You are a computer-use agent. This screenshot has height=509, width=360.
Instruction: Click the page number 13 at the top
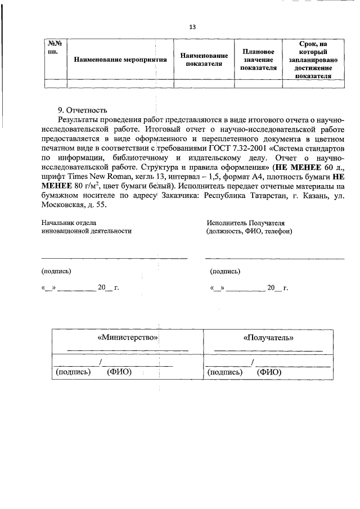(x=192, y=27)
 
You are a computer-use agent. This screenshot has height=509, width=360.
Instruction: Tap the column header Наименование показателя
(x=204, y=59)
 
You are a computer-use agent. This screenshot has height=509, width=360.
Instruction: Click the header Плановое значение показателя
(x=258, y=59)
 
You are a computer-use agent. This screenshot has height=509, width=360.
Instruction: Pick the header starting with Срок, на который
(x=313, y=59)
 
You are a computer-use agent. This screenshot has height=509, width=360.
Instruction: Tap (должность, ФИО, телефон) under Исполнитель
(x=249, y=231)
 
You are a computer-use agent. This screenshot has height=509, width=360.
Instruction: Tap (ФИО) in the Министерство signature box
(x=119, y=372)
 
